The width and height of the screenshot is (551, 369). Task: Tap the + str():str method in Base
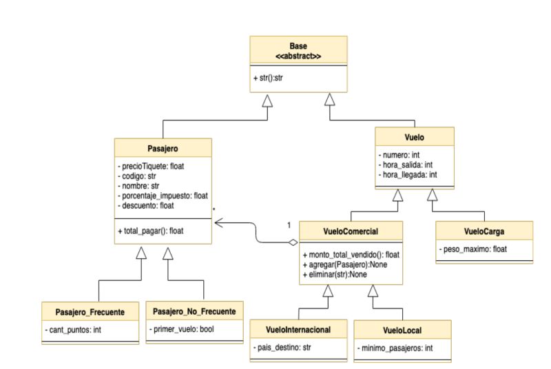point(269,78)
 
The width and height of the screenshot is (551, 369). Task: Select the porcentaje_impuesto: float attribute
point(163,195)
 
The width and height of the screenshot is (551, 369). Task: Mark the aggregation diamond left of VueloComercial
point(293,242)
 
